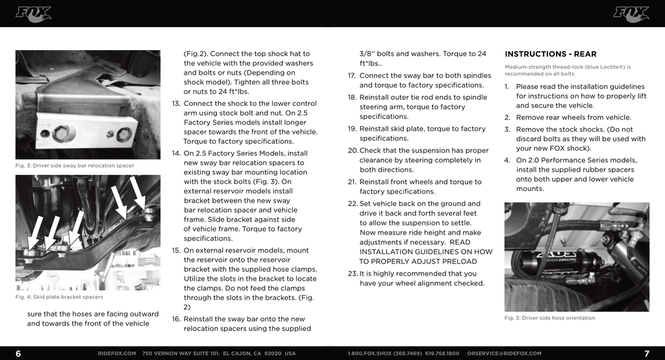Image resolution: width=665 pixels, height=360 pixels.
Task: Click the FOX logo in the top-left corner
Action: [x=33, y=14]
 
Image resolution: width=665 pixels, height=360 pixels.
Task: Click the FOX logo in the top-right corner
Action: [x=631, y=14]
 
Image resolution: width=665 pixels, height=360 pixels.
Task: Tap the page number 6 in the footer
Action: [x=18, y=354]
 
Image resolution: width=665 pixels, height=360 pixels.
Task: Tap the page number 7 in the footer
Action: [x=647, y=354]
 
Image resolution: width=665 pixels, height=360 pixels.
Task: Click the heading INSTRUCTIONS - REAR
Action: [x=550, y=54]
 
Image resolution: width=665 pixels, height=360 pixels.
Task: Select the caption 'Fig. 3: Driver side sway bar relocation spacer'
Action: [x=75, y=166]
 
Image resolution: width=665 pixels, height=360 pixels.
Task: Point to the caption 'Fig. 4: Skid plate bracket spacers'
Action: [x=59, y=297]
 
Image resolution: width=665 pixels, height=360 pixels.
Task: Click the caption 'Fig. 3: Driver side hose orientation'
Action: [x=549, y=318]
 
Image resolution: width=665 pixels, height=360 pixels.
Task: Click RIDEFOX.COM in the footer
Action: [x=117, y=354]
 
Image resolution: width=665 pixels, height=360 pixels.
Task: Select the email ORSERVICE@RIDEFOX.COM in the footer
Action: [x=504, y=354]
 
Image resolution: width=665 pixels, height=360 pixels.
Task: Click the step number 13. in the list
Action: [x=176, y=104]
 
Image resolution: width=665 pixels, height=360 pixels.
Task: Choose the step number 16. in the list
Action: [x=176, y=319]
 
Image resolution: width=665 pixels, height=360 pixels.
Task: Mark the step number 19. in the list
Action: [x=352, y=129]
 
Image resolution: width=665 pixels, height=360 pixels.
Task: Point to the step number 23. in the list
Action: [x=352, y=274]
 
